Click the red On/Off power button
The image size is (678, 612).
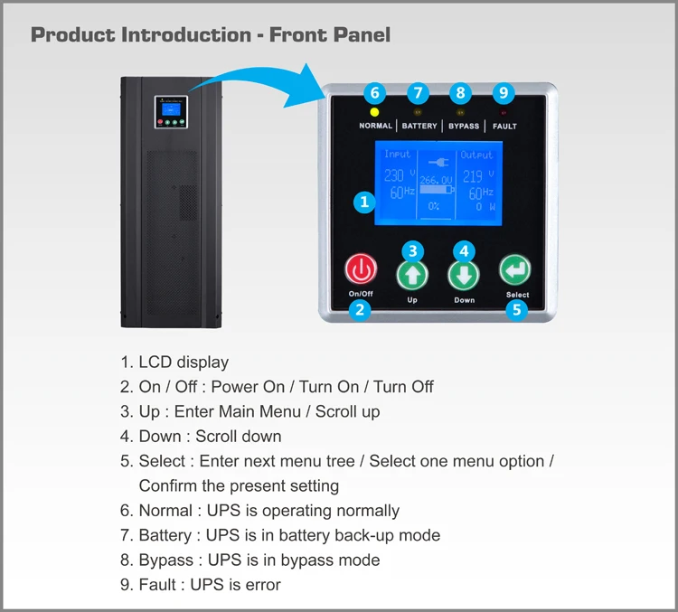coord(361,269)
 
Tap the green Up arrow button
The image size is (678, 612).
coord(412,276)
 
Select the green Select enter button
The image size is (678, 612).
coord(515,270)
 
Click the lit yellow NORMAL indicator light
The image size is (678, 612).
coord(374,112)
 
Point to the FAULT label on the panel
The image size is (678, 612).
coord(504,127)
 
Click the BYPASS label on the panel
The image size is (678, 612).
coord(464,127)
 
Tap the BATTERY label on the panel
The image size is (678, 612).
coord(419,126)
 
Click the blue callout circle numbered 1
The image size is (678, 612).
coord(364,202)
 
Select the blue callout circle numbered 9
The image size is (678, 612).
coord(504,92)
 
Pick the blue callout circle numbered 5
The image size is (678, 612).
coord(517,310)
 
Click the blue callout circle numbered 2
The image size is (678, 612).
coord(360,310)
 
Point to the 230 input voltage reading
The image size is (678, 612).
coord(394,175)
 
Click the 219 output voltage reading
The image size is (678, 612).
coord(473,176)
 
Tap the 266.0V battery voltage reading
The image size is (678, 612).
coord(436,180)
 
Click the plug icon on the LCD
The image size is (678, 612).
coord(438,162)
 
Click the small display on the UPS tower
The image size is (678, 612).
coord(171,112)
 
